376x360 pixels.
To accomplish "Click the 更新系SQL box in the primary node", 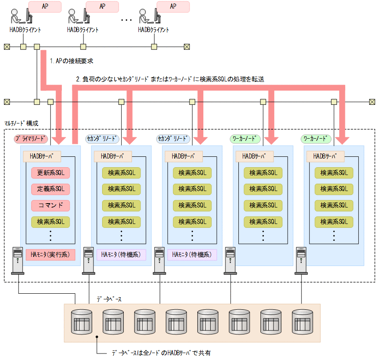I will click(x=50, y=173).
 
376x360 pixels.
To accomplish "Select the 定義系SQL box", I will click(x=50, y=189).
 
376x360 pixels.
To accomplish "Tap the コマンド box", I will click(x=50, y=205).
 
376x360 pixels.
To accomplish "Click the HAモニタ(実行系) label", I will click(x=50, y=254).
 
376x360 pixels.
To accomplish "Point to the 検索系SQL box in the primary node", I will click(x=50, y=222).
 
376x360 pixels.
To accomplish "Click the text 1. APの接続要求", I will click(x=72, y=61).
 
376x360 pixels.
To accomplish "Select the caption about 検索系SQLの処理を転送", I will click(x=170, y=79).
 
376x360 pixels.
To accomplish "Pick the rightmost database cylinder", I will click(x=302, y=321).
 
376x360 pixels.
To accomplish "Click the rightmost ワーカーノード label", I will click(x=316, y=139).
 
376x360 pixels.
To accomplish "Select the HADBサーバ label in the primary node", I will click(x=42, y=156).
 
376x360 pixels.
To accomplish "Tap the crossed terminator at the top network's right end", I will click(x=186, y=47).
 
